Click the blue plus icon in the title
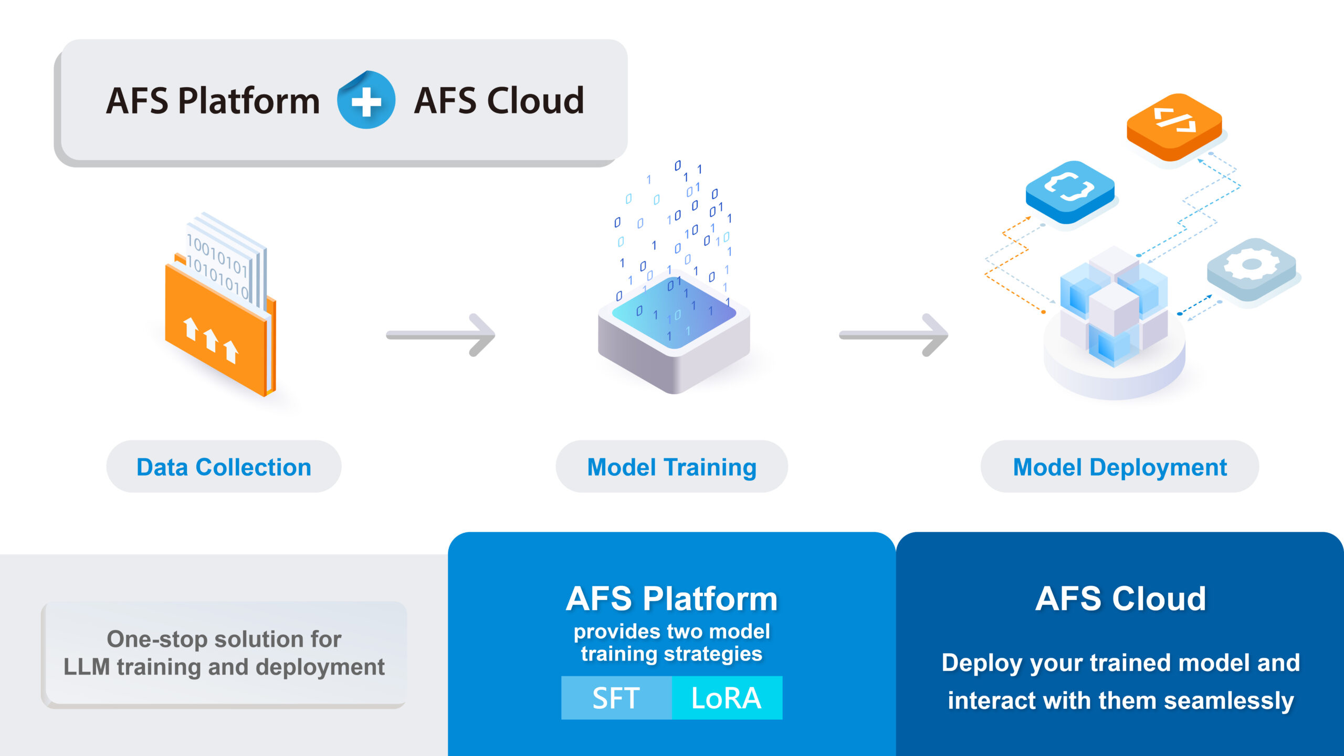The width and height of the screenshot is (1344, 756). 366,100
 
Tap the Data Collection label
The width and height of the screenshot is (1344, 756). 224,467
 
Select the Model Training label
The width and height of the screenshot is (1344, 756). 671,467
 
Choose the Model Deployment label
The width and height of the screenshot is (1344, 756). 1119,467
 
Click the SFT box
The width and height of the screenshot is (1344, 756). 616,698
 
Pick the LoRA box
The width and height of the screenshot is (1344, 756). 727,698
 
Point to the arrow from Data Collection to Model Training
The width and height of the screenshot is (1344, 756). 441,335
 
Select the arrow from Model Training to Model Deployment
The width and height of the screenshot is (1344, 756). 894,335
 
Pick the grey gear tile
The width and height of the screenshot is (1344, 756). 1251,268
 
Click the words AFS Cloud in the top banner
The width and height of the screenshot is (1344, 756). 499,100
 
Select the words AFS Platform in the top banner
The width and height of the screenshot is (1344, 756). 213,100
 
